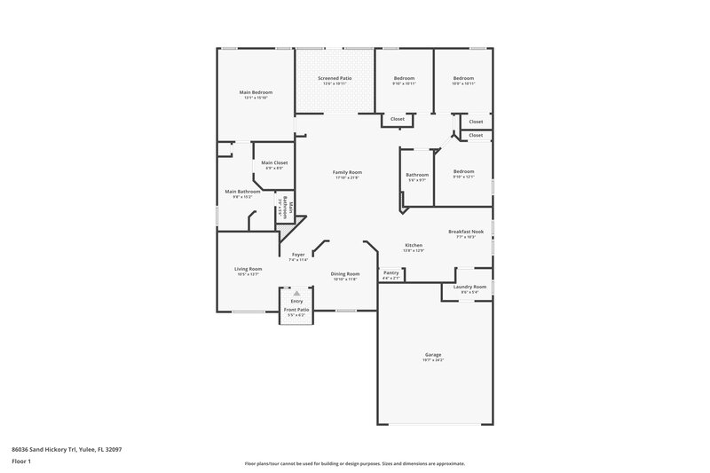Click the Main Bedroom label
(x=256, y=92)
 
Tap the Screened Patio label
(x=335, y=78)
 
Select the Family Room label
(x=347, y=172)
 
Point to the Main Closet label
(x=274, y=162)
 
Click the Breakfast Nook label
(x=466, y=232)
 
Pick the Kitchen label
(x=414, y=245)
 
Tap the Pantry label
(x=390, y=273)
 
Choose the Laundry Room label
(x=469, y=287)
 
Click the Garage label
(x=432, y=354)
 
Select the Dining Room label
(x=345, y=273)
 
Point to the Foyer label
(x=298, y=255)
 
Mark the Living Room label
(x=248, y=269)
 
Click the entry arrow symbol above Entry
(x=296, y=293)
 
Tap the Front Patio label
(x=296, y=310)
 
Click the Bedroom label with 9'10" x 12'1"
(x=464, y=171)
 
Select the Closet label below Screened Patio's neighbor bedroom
(x=398, y=119)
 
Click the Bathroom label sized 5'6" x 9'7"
(x=417, y=175)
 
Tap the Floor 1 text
(x=22, y=461)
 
